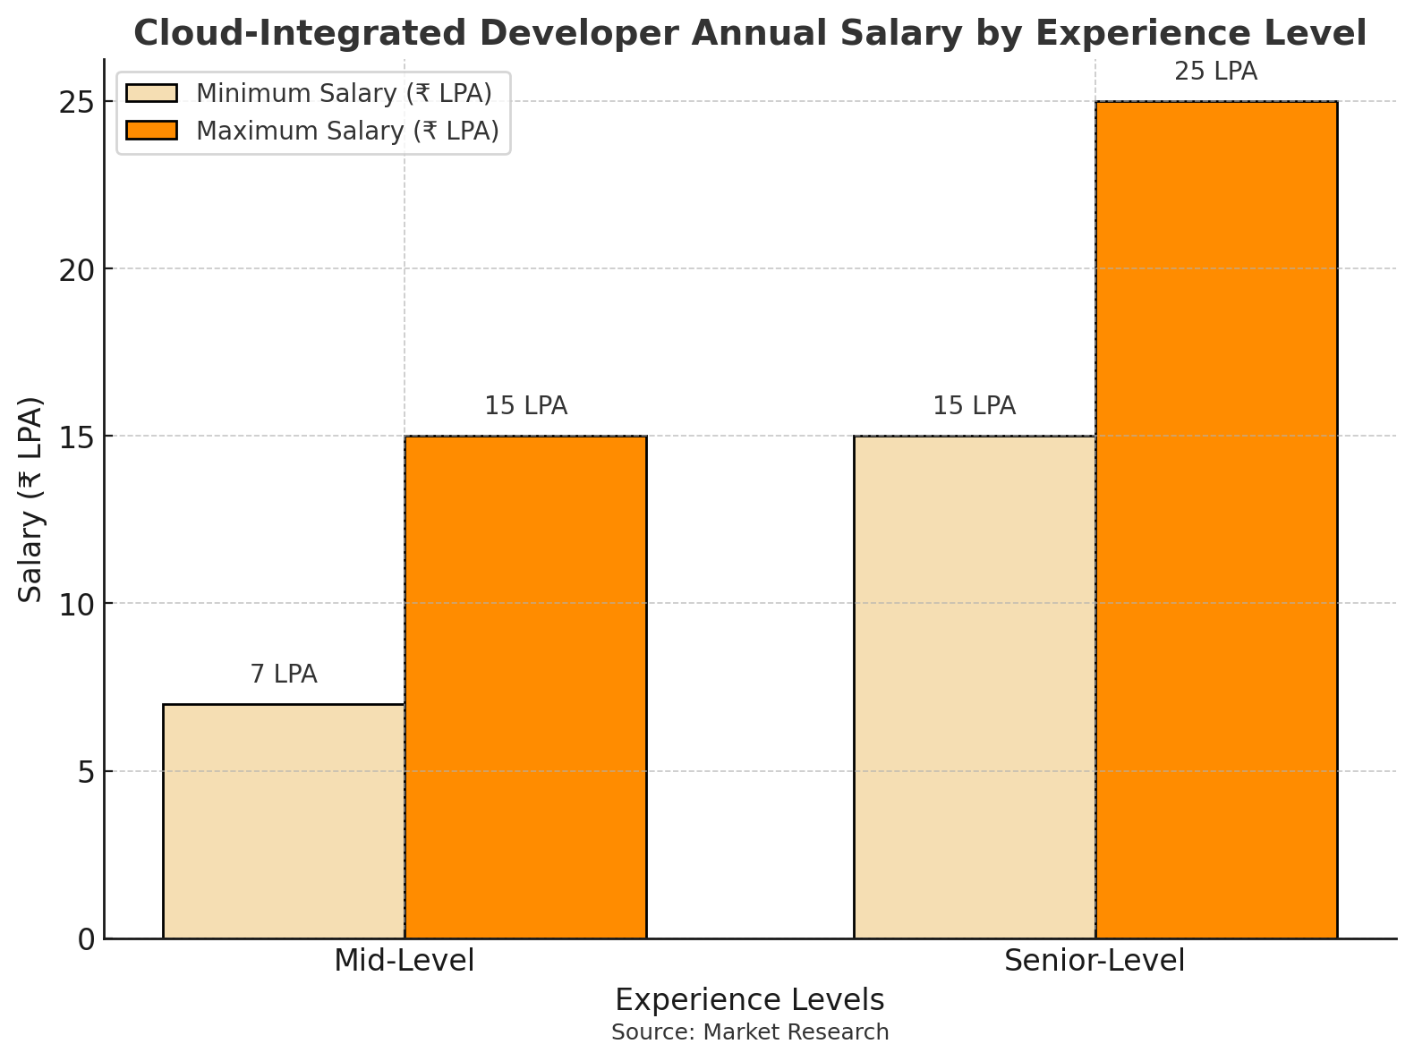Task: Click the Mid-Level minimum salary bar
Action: (x=284, y=821)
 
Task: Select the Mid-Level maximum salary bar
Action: (x=525, y=687)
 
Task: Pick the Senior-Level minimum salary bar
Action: (x=975, y=687)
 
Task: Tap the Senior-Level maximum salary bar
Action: (x=1216, y=520)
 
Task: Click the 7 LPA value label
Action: (x=284, y=675)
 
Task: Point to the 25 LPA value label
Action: (x=1216, y=72)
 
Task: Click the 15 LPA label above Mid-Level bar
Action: (x=525, y=406)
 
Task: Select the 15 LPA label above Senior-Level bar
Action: (x=975, y=406)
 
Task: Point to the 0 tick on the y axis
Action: (x=86, y=939)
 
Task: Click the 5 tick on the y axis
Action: (x=86, y=772)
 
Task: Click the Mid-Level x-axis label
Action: (x=405, y=961)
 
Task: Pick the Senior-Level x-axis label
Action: (x=1095, y=961)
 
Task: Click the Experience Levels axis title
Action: (x=750, y=1000)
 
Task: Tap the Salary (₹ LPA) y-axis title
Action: (x=31, y=498)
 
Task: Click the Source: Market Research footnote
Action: (x=750, y=1032)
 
